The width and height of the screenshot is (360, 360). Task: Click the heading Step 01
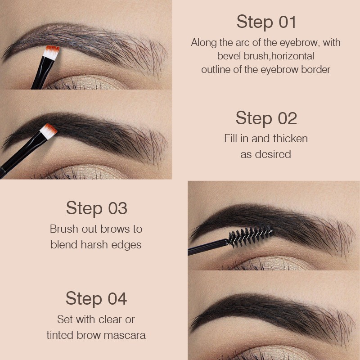[266, 22]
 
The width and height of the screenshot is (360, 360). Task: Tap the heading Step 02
[266, 118]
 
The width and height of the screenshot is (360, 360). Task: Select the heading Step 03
[96, 208]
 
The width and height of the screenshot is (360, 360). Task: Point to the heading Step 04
[96, 298]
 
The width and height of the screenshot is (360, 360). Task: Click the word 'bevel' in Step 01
[229, 56]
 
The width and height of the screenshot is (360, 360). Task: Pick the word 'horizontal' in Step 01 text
[292, 56]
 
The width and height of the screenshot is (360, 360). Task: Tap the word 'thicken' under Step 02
[290, 138]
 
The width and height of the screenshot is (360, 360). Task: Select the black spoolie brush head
[250, 235]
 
